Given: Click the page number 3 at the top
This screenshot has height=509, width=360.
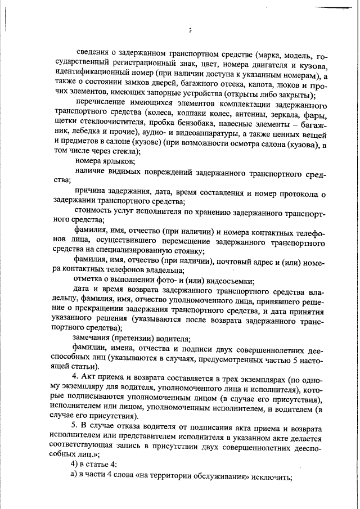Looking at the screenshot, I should (190, 30).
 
